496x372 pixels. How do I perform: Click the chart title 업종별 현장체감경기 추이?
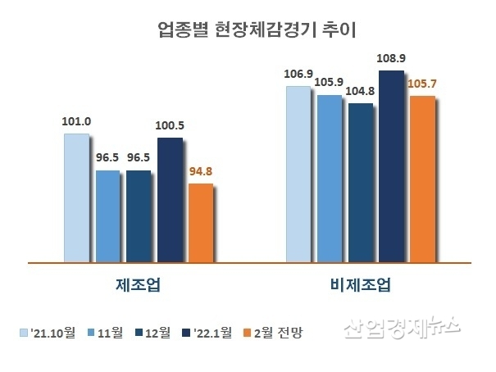248,30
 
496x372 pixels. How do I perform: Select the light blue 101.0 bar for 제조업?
75,197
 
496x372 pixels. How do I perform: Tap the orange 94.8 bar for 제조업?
200,223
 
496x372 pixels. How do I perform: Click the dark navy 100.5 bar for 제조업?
170,200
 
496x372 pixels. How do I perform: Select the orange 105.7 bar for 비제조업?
421,179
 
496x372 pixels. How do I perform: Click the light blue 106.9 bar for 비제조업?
298,174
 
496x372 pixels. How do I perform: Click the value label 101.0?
75,122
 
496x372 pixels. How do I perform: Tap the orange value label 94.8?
200,172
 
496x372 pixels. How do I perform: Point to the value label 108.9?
391,59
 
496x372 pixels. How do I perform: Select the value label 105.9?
329,83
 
